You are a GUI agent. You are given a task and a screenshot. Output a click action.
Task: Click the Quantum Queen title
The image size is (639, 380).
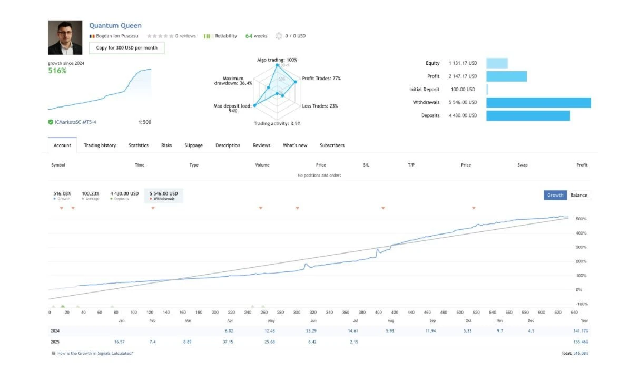coord(115,25)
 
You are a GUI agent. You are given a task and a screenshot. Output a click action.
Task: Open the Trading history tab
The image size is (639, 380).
coord(100,145)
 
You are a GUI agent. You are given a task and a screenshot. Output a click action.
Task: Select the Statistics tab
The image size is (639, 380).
coord(139,145)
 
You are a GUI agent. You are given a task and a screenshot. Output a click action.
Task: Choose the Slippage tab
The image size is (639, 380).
coord(193,145)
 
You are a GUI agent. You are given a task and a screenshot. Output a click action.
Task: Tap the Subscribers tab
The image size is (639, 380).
coord(332,145)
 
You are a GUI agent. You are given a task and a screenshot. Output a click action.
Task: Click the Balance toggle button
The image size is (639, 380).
coord(578,195)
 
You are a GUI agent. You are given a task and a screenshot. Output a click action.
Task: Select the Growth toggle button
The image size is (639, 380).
coord(555,195)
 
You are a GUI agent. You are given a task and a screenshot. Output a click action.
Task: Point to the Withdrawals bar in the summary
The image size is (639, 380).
coord(538,102)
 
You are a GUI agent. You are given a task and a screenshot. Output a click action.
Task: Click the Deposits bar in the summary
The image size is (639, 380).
coord(527,115)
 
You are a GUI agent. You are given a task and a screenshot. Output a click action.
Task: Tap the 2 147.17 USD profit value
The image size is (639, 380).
coord(463,76)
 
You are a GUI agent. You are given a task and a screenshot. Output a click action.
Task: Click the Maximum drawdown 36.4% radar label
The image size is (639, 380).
coord(233,81)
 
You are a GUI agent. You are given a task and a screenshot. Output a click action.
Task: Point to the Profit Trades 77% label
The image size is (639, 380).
coord(321,79)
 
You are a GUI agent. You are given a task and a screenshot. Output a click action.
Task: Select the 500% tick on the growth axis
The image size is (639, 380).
coord(582,219)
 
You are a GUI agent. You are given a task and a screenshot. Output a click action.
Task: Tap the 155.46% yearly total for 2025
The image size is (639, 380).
coord(580,342)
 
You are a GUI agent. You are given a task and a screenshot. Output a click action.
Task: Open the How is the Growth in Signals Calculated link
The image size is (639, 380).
coord(95,353)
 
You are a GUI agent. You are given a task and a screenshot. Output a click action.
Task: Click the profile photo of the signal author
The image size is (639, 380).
coord(65,37)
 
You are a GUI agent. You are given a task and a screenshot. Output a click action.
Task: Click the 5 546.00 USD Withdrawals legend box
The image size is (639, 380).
coord(163,196)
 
